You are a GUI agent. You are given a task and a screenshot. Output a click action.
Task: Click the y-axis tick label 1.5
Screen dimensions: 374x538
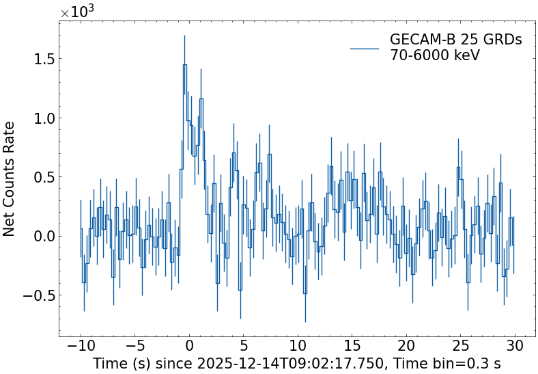tap(40, 59)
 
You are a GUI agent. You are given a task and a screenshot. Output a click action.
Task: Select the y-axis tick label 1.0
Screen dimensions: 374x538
tap(40, 118)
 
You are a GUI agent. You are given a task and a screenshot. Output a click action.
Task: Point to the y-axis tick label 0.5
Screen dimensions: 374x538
tap(40, 177)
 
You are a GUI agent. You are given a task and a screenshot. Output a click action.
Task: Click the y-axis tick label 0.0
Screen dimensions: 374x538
tap(40, 237)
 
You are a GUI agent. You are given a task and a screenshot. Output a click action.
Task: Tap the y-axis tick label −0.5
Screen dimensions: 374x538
tap(36, 296)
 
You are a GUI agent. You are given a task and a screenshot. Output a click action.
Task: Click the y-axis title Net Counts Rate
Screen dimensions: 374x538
tap(10, 178)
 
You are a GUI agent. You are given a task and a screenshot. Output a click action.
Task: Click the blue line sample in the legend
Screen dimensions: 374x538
tap(365, 49)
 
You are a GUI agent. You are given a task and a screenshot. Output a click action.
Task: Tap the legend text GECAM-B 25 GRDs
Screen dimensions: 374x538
tap(455, 40)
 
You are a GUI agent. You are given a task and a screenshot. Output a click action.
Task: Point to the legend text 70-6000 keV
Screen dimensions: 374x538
tap(435, 55)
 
